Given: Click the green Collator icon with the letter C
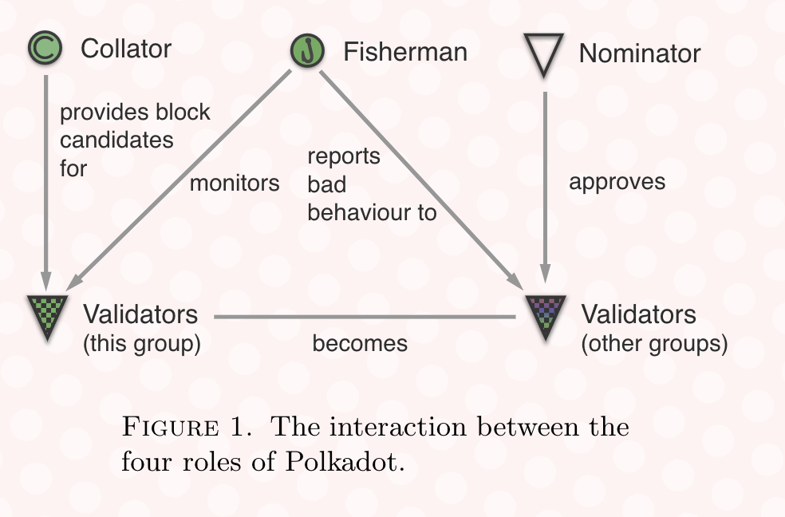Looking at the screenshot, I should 46,49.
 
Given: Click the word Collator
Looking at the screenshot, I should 126,49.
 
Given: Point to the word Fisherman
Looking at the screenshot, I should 405,52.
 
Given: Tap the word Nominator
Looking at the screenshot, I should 640,54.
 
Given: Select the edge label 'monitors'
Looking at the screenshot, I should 235,183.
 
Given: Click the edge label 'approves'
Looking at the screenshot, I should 617,182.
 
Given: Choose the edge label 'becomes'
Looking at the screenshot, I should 360,343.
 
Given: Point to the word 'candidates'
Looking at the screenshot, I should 116,140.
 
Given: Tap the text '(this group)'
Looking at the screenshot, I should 141,344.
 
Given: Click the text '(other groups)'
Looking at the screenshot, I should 654,345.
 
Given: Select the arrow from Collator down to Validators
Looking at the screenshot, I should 46,184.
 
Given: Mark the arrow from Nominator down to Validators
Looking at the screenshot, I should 545,184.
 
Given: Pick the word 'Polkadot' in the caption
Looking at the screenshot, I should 346,462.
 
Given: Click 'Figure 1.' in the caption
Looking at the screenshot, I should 188,428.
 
